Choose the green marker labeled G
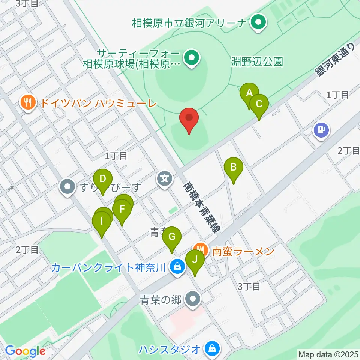[172, 238]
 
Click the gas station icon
[321, 130]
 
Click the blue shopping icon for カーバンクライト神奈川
[177, 267]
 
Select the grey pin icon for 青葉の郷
[193, 299]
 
